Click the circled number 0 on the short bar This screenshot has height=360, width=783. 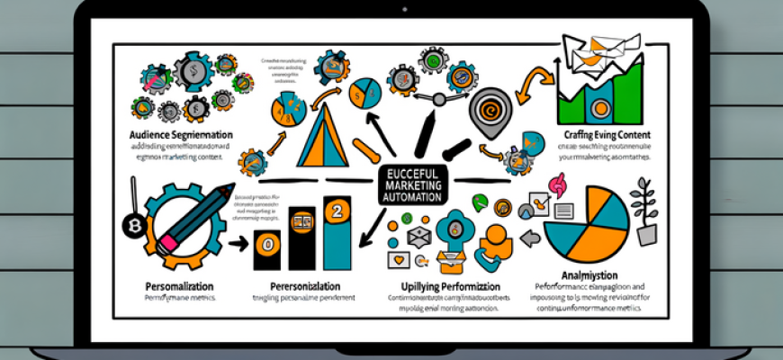tap(267, 243)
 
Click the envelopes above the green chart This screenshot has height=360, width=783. tap(587, 52)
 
